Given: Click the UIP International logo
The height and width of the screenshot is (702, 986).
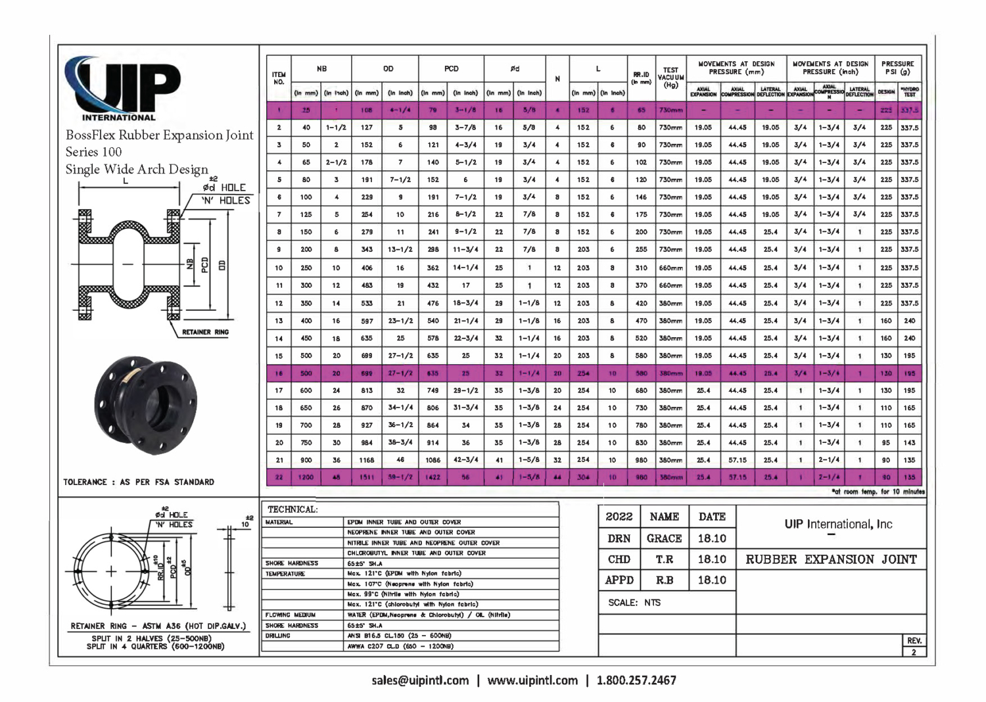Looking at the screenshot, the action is (x=122, y=89).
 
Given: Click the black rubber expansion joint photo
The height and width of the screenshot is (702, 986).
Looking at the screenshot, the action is (x=145, y=406).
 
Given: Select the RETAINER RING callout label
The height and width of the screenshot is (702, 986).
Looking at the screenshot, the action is (x=205, y=332).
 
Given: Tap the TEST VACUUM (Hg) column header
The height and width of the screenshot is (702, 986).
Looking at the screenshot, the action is (x=670, y=78).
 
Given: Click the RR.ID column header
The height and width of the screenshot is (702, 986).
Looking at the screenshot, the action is (x=641, y=78).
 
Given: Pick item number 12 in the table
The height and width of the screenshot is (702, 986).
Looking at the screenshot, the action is (x=279, y=304).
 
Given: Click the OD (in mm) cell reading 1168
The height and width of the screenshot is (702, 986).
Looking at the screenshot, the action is (x=367, y=460).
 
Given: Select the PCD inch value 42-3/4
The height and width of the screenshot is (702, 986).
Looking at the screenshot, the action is (x=465, y=460).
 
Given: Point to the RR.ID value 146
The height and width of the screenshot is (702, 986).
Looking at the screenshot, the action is (x=641, y=197).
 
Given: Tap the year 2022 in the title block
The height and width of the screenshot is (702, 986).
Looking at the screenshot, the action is (x=619, y=517).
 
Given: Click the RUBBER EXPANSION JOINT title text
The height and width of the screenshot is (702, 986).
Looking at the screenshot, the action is (x=831, y=559).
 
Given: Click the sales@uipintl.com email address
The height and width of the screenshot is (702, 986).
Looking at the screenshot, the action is (x=420, y=680).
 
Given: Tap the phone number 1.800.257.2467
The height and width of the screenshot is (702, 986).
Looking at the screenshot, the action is (x=636, y=680).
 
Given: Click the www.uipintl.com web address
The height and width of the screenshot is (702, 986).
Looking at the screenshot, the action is (x=532, y=680).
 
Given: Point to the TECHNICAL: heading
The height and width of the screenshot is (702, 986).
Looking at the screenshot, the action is (x=293, y=509).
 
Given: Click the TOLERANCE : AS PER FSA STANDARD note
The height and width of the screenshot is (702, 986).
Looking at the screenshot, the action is (x=139, y=482).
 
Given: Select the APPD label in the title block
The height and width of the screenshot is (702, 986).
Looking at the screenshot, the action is (x=619, y=580).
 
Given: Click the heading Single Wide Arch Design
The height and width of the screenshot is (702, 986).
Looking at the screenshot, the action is (x=137, y=169).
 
